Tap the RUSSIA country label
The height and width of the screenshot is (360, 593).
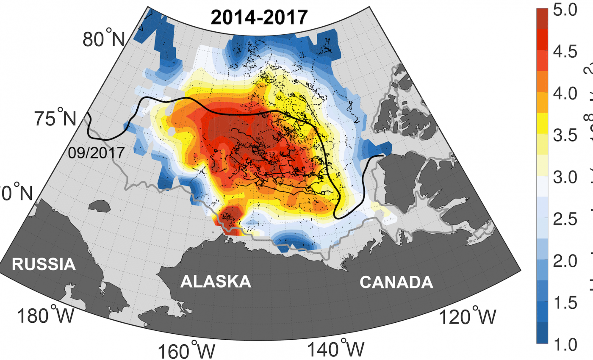point(44,265)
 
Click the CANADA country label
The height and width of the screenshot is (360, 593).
point(396,282)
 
